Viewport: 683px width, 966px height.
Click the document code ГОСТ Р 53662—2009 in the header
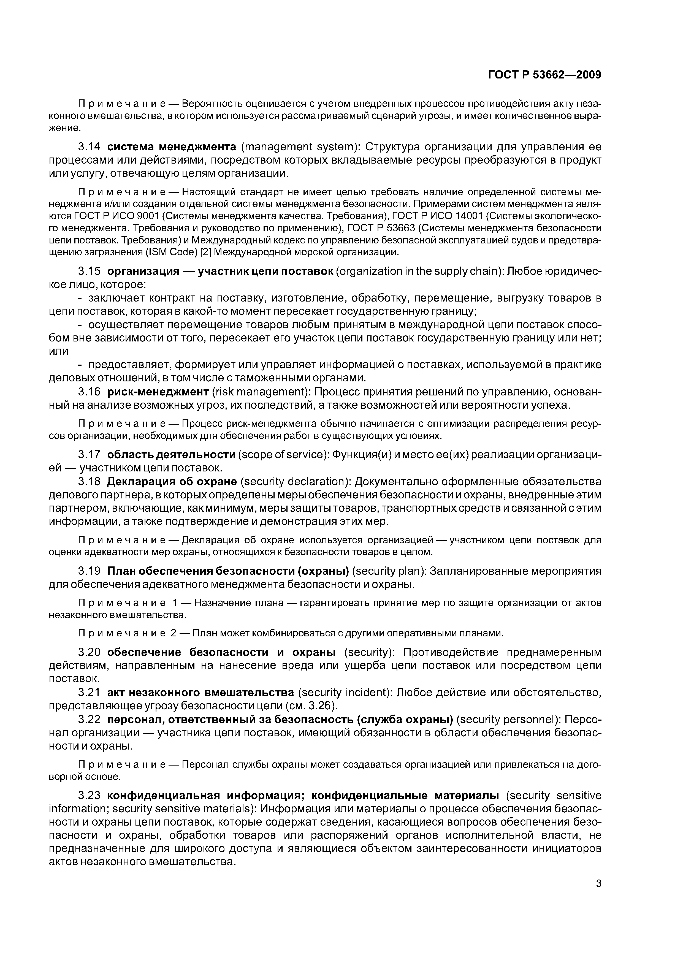coord(544,75)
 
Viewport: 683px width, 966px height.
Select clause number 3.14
coord(89,146)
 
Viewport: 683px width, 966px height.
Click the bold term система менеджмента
coord(172,146)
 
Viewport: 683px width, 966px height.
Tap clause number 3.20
coord(89,652)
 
